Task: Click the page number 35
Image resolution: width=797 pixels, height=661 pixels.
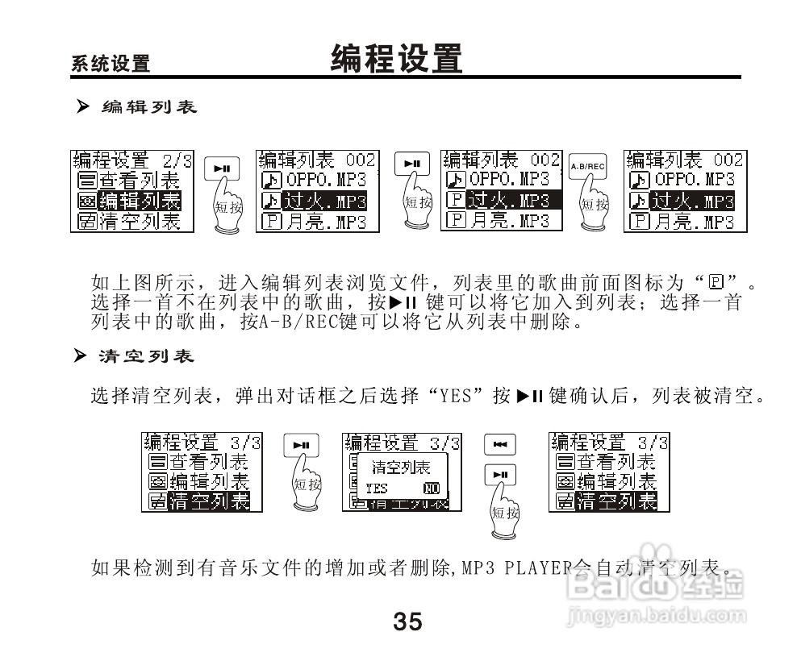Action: pos(407,622)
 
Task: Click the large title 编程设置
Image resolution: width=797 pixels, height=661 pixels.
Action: pos(397,59)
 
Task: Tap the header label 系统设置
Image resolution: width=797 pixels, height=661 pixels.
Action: pos(111,64)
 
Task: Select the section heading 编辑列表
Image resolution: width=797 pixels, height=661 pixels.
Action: pos(148,106)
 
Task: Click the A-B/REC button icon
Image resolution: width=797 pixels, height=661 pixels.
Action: pos(586,166)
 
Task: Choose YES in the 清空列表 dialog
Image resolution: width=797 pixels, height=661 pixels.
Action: pos(376,488)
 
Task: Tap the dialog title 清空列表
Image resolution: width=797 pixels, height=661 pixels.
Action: pos(400,467)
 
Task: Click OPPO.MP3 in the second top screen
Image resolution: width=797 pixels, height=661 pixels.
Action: pos(326,180)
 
